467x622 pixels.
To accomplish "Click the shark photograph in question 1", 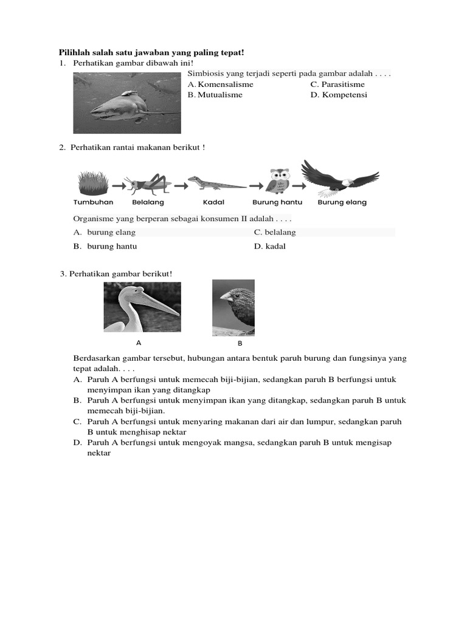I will pos(126,103).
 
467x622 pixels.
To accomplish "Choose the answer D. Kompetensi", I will pos(339,95).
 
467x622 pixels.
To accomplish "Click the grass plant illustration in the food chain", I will pos(93,182).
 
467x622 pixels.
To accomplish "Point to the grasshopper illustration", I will pos(148,183).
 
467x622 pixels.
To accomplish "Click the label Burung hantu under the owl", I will pos(277,202).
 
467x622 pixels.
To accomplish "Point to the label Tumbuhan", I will pos(93,202).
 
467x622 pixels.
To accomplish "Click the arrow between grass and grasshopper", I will pos(118,183).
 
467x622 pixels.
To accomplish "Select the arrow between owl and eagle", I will pos(298,183).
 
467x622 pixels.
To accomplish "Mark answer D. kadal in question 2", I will pos(270,247).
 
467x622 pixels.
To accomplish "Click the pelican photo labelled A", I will pos(142,307).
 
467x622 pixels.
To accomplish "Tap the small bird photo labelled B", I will pos(233,307).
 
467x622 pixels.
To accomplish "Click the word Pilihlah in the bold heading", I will pos(74,53).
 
